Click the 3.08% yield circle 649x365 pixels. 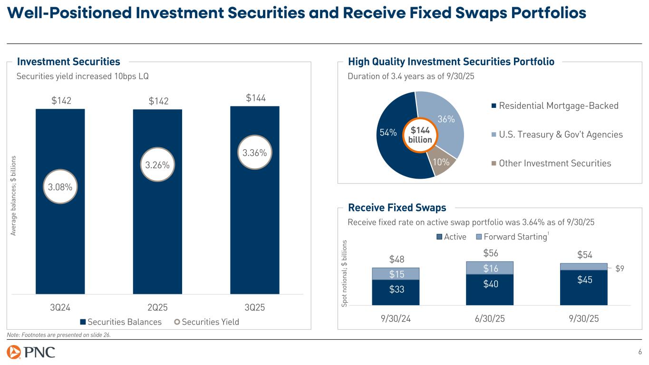tap(60, 187)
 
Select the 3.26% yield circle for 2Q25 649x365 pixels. tap(157, 164)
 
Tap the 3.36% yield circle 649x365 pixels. tap(254, 153)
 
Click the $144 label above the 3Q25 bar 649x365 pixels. tap(255, 98)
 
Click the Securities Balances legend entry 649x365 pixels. tap(121, 322)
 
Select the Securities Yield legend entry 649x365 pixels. tap(207, 322)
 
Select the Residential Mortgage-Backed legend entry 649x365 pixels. tap(554, 106)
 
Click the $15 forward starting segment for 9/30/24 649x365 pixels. tap(396, 274)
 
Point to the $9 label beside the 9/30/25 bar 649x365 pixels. tap(620, 269)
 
